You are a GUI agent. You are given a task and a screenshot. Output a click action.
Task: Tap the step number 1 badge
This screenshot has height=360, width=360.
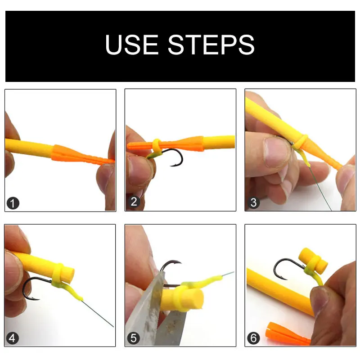[13, 203]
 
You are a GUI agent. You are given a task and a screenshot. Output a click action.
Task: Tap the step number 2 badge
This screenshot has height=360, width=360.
[134, 202]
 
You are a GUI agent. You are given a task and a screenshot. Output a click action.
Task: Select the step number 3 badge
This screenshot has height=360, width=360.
[253, 203]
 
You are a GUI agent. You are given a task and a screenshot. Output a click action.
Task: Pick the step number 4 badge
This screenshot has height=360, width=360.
[13, 338]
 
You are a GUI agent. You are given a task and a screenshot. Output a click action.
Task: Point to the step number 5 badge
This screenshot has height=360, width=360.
[134, 338]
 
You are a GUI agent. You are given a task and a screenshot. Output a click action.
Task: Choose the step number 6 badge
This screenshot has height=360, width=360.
[253, 338]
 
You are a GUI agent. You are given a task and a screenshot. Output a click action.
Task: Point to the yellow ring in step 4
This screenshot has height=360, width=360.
[57, 272]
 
